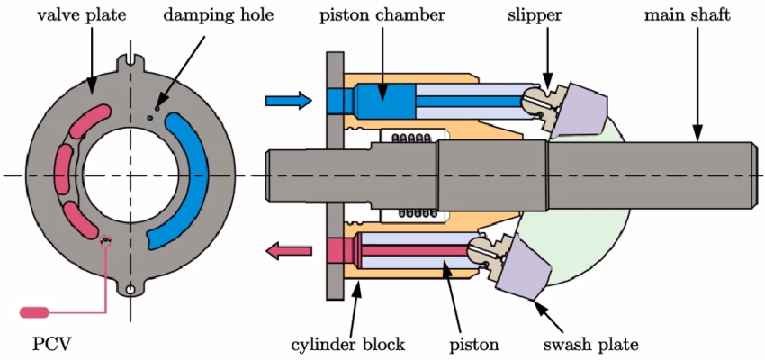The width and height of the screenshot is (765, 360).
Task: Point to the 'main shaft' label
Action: (687, 15)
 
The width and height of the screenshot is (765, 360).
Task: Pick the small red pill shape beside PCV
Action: (35, 311)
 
